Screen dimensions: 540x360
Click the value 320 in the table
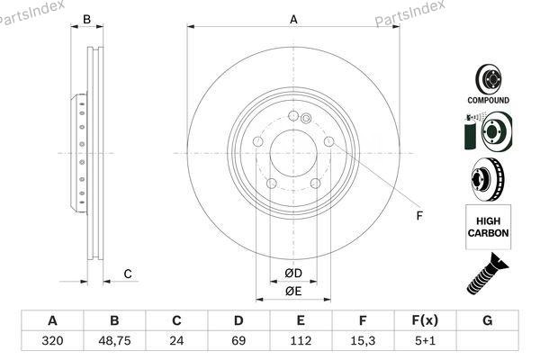pyautogui.click(x=52, y=341)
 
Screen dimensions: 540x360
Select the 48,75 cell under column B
pyautogui.click(x=114, y=341)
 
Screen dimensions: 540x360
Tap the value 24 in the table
pyautogui.click(x=176, y=341)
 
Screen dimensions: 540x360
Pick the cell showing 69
pyautogui.click(x=238, y=341)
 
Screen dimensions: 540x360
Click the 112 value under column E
pyautogui.click(x=301, y=341)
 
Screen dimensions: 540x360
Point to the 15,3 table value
pyautogui.click(x=363, y=341)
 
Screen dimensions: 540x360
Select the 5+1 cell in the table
pyautogui.click(x=425, y=341)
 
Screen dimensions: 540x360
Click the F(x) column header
pyautogui.click(x=425, y=320)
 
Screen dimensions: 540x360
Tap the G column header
pyautogui.click(x=487, y=320)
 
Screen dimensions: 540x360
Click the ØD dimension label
pyautogui.click(x=293, y=274)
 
